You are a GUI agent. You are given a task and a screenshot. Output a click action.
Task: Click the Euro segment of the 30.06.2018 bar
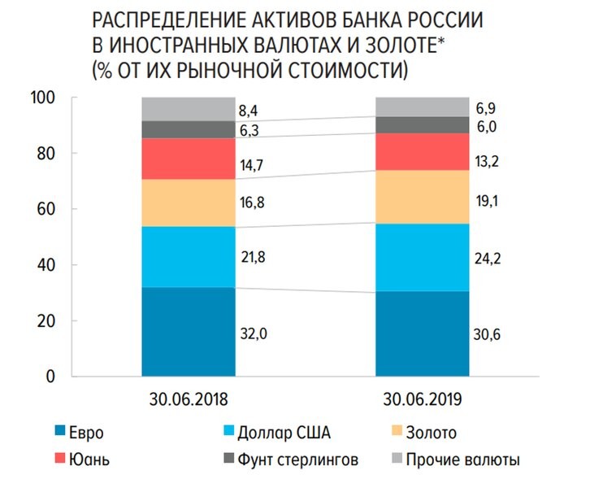click(x=188, y=332)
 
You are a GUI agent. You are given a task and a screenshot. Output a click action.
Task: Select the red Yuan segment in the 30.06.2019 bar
click(x=422, y=151)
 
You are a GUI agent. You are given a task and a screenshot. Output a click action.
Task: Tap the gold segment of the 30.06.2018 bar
click(x=188, y=202)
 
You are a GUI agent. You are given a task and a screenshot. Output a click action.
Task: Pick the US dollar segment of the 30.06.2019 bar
click(x=422, y=257)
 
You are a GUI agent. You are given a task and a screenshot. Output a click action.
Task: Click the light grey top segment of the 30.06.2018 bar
click(x=188, y=108)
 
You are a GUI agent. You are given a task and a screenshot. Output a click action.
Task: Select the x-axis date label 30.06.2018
click(x=187, y=400)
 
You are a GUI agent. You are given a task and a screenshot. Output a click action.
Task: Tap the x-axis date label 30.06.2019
click(x=422, y=400)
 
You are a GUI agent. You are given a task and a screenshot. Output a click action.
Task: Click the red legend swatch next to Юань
click(x=60, y=459)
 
